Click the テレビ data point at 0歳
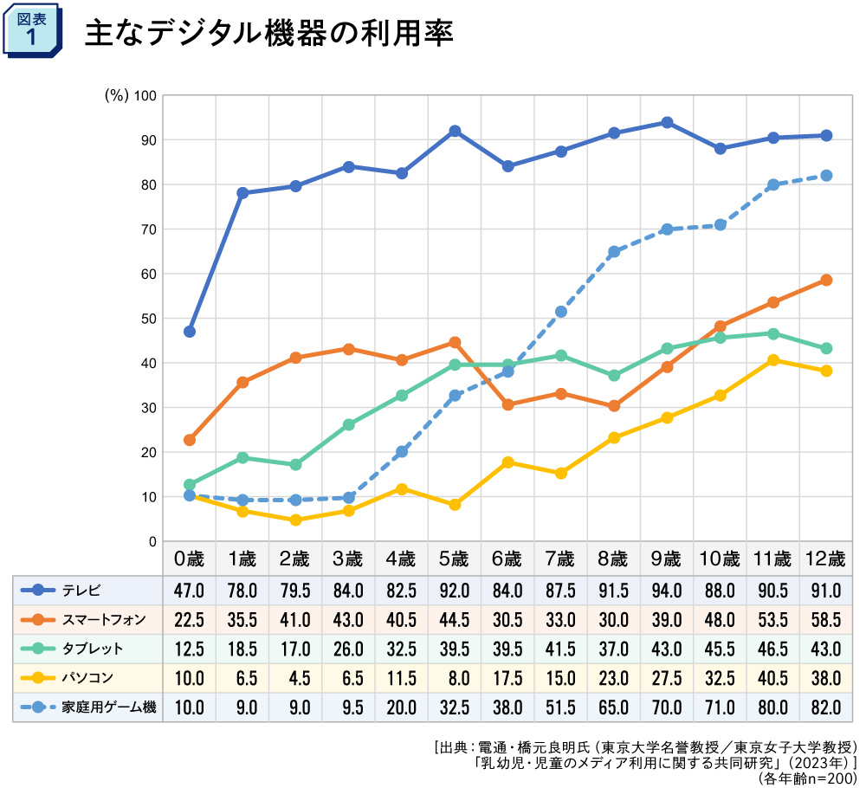[x=190, y=332]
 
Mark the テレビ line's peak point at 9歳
[x=667, y=122]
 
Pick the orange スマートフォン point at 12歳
[x=826, y=280]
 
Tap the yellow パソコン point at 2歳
[x=295, y=520]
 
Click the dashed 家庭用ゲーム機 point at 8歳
[x=614, y=252]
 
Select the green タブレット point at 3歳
[x=349, y=425]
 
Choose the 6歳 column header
[x=507, y=559]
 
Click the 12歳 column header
[x=826, y=559]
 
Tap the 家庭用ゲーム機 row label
[x=109, y=707]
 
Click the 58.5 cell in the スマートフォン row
[x=826, y=619]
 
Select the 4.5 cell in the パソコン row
[x=295, y=678]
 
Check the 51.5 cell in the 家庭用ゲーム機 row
[x=560, y=707]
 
